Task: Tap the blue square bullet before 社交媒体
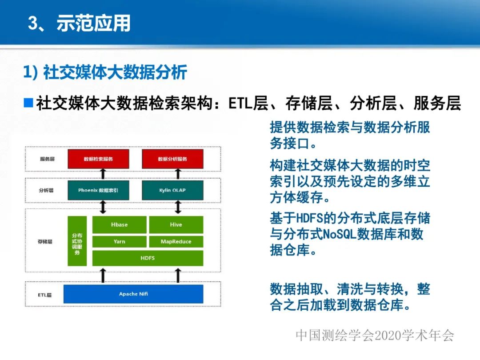coord(28,103)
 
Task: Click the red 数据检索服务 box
coord(98,159)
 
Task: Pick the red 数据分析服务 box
coord(172,159)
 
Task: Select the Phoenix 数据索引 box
coord(98,190)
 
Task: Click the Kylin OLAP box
coord(172,190)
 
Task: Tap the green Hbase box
coord(119,224)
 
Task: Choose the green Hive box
coord(176,224)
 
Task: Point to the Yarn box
coord(119,241)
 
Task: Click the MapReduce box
coord(176,241)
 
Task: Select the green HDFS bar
coord(148,258)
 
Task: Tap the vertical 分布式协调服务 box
coord(77,241)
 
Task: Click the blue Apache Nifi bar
coord(133,294)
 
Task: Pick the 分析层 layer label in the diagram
coord(46,190)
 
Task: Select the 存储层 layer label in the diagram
coord(45,242)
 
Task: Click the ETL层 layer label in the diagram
coord(44,295)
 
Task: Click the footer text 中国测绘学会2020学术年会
coord(375,336)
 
